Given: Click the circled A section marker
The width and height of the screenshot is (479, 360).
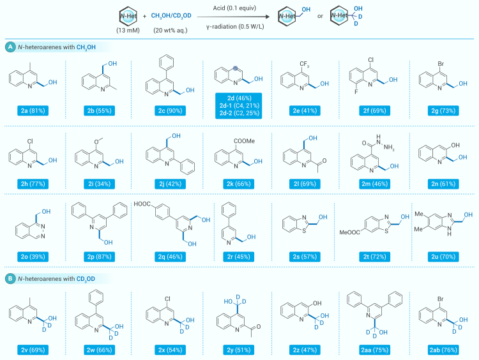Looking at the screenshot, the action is (10, 48).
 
